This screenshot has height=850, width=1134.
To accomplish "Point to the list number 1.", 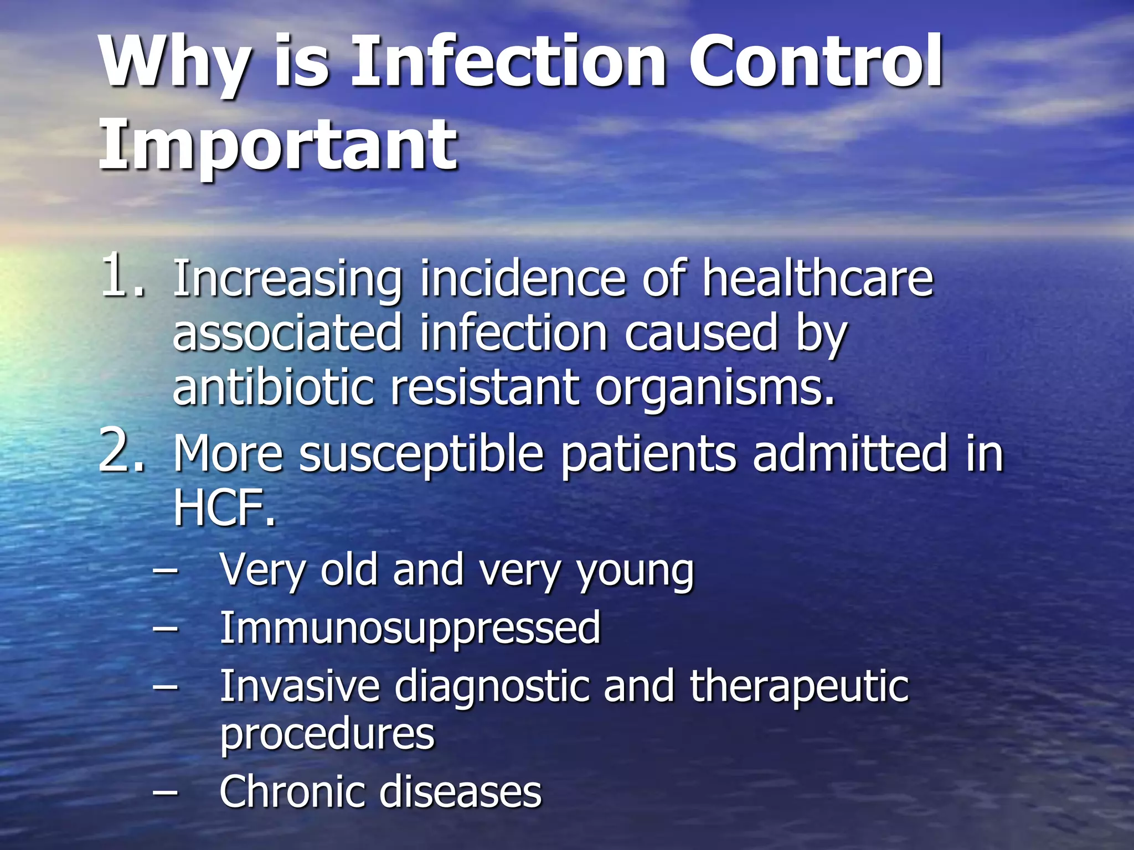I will tap(122, 275).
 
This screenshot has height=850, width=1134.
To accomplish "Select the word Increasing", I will tap(287, 279).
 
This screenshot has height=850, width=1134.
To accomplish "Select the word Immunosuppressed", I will tap(410, 629).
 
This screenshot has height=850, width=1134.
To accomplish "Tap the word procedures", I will tap(327, 735).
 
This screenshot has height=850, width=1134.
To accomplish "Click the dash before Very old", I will tap(166, 571).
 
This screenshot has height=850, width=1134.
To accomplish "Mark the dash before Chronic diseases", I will tap(166, 792).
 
